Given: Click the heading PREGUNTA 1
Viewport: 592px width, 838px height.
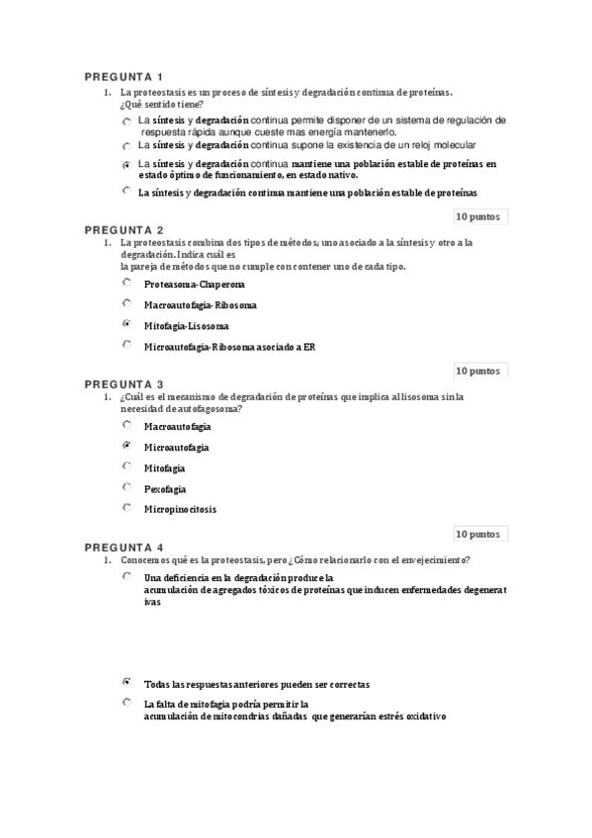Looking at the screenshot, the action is pos(124,77).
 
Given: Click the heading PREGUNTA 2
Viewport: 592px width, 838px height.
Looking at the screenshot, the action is pos(124,229).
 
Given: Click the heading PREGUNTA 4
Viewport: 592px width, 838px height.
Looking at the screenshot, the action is pos(124,546).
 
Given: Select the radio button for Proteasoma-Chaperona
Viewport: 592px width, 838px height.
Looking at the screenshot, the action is pos(127,283).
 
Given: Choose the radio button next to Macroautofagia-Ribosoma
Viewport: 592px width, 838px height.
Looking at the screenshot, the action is pos(127,303).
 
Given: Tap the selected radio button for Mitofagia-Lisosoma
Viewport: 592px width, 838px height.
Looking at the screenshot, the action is pos(127,324).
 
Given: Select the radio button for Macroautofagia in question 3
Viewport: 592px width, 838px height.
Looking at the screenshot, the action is pos(127,425).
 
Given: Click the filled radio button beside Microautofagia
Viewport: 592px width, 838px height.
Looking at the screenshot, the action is pos(127,446).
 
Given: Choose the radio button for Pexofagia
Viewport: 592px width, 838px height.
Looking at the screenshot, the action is pos(127,487).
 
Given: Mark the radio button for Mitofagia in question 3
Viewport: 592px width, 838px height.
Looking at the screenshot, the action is pos(127,466).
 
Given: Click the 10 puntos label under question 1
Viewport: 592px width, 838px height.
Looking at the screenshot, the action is pos(478,215).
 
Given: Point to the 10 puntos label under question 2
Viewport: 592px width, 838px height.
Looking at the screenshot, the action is pos(478,371).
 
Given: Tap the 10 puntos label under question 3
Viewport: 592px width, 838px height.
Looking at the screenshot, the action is pos(478,534).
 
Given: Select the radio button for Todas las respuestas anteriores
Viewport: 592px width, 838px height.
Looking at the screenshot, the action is pos(127,682).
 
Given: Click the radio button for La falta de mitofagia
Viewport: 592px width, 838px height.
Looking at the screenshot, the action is pos(127,703).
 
